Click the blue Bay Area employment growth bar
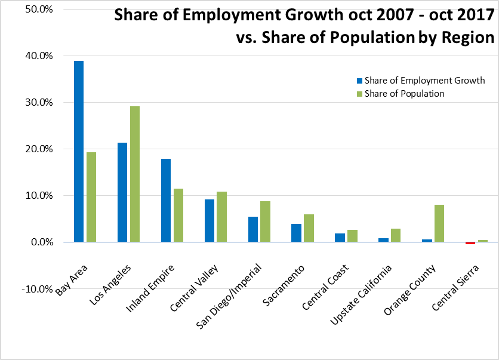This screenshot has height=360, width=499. click(x=79, y=151)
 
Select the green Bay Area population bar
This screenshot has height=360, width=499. click(x=91, y=197)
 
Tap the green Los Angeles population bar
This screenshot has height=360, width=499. click(x=135, y=174)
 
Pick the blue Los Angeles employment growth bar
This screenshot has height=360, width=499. click(x=122, y=192)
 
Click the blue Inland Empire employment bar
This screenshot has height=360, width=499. click(x=166, y=200)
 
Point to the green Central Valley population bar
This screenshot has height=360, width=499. click(x=222, y=217)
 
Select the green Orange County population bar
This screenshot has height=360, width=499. click(x=439, y=223)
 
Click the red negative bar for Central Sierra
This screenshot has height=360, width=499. click(x=470, y=243)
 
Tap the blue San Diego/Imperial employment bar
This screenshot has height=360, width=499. click(x=253, y=229)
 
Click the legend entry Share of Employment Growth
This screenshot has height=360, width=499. click(x=420, y=81)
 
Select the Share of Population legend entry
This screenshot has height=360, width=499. click(x=404, y=94)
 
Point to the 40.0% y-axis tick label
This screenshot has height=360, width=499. click(x=24, y=56)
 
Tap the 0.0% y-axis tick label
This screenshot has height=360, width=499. click(x=26, y=242)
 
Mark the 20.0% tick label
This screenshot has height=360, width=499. click(x=24, y=149)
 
